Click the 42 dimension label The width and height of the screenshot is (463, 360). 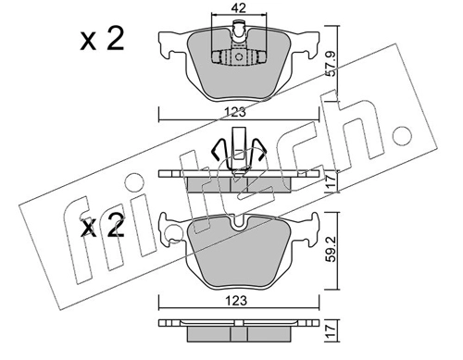click(x=239, y=8)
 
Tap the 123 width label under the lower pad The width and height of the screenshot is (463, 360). click(x=237, y=301)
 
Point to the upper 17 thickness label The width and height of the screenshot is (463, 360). click(x=331, y=180)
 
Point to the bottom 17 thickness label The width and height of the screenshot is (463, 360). click(x=331, y=331)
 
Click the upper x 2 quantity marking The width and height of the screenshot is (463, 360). click(x=103, y=39)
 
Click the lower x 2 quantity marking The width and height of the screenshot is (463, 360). click(x=103, y=226)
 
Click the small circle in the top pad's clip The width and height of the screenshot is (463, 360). click(x=239, y=57)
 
